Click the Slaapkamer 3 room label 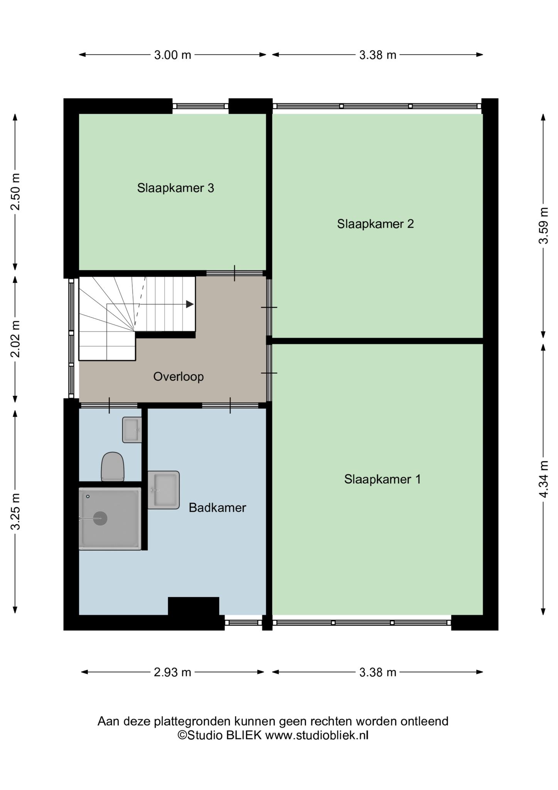175,188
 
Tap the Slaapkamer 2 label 375,224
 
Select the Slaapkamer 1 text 382,479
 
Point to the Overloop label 179,376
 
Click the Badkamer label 217,508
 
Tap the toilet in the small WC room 113,467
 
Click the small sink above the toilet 132,430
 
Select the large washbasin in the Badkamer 164,490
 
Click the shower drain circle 100,518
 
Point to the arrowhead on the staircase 190,304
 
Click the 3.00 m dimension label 173,55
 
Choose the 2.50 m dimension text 15,192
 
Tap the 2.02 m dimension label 15,339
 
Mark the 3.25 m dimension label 15,511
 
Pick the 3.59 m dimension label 543,226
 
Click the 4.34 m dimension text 543,479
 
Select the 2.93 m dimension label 173,672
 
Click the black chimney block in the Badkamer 194,606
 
